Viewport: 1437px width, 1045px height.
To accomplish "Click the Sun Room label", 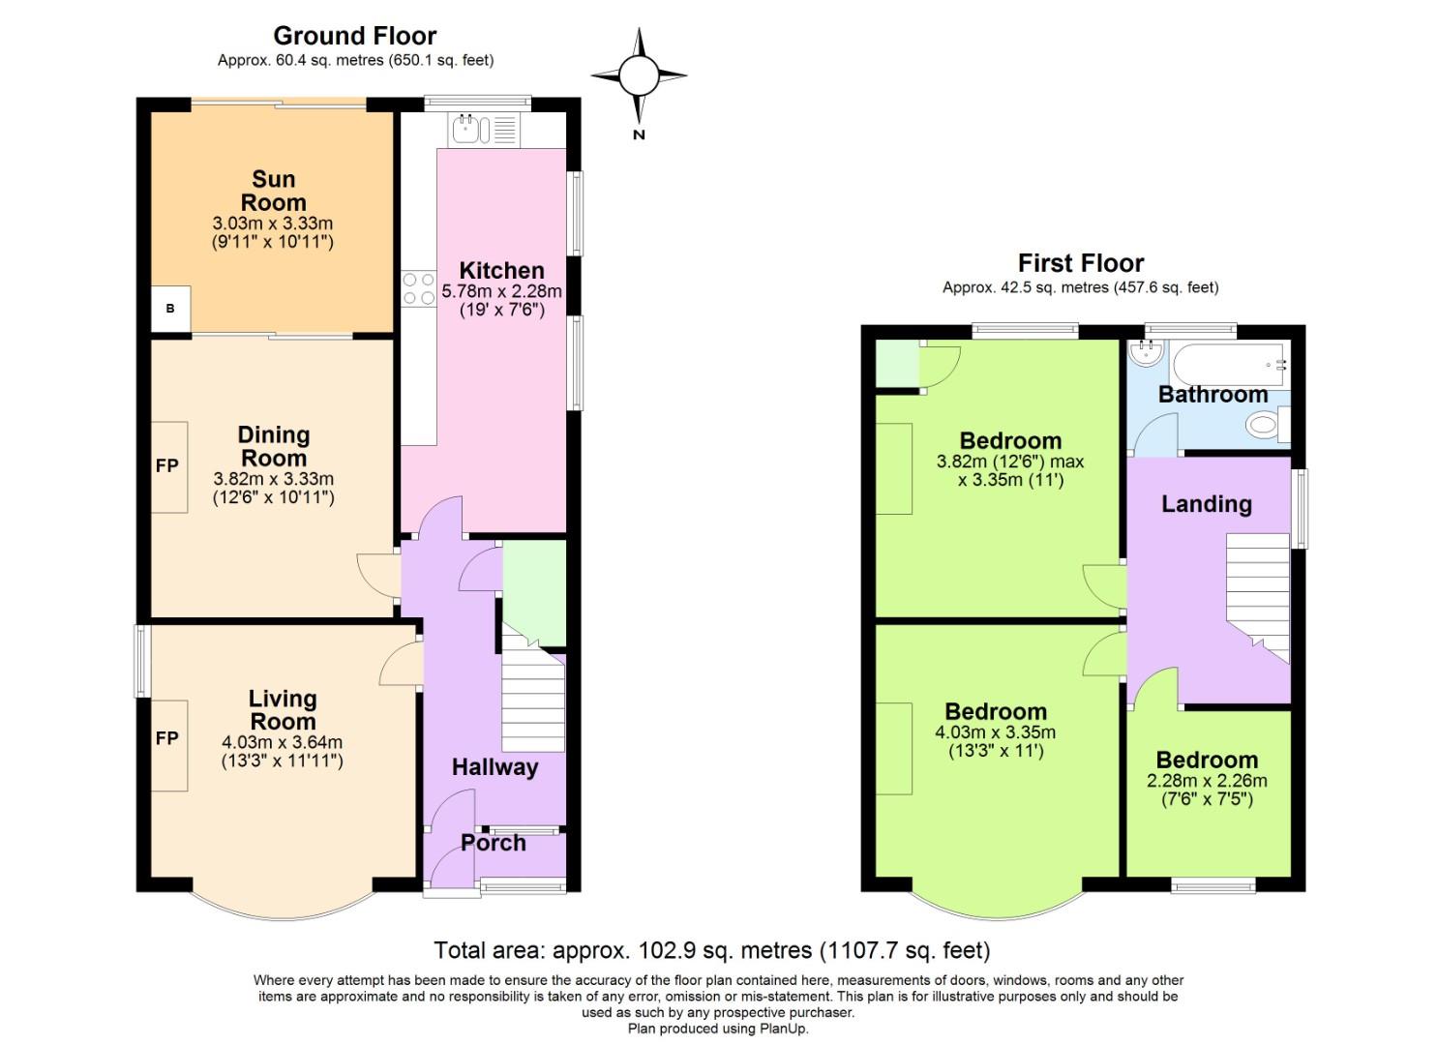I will pyautogui.click(x=273, y=191).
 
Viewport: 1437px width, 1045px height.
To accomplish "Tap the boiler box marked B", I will pyautogui.click(x=170, y=309).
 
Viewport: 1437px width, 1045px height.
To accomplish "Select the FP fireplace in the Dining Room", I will pyautogui.click(x=168, y=466).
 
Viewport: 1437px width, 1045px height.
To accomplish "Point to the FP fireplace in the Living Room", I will pyautogui.click(x=168, y=739).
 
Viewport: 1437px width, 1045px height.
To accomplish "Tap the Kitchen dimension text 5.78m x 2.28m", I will pyautogui.click(x=501, y=291).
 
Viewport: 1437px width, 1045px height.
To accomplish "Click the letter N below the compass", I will pyautogui.click(x=639, y=135).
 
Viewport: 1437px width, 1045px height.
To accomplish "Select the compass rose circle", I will pyautogui.click(x=639, y=75).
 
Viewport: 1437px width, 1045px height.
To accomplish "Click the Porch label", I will pyautogui.click(x=494, y=843).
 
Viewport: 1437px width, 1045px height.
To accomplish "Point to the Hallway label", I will pyautogui.click(x=494, y=767).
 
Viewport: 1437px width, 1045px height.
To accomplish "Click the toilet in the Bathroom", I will pyautogui.click(x=1264, y=424).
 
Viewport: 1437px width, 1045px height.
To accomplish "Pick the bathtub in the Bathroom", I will pyautogui.click(x=1229, y=364).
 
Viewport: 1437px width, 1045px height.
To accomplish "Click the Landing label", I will pyautogui.click(x=1206, y=504).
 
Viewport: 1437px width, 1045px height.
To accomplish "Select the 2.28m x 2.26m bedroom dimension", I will pyautogui.click(x=1207, y=781).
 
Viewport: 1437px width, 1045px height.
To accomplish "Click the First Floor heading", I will pyautogui.click(x=1080, y=263).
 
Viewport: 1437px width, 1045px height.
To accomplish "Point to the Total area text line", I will pyautogui.click(x=711, y=950).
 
